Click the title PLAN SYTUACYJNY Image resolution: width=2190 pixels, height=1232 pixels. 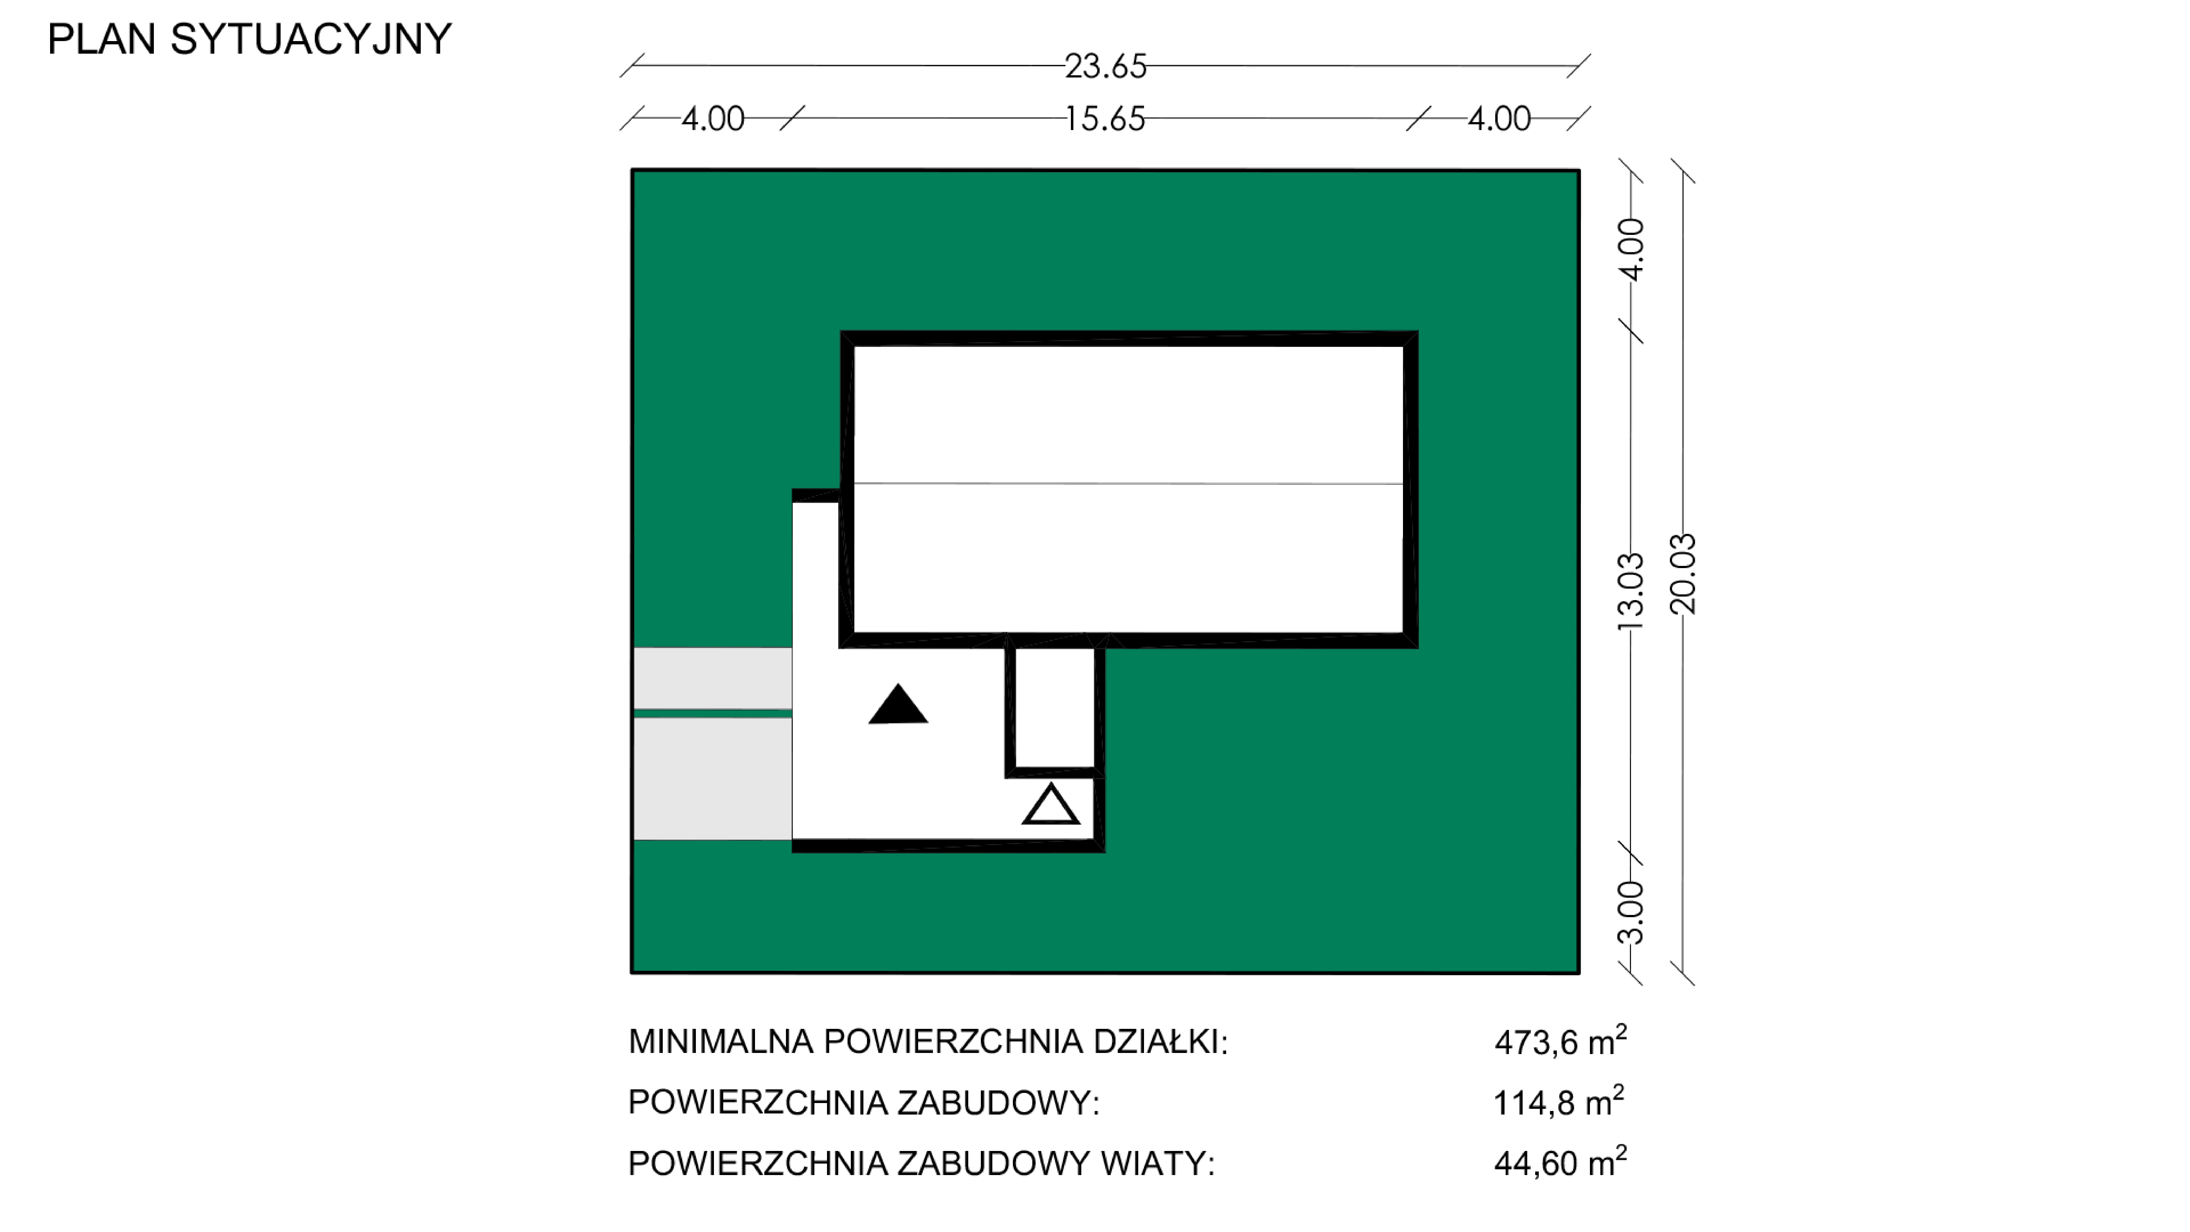point(249,39)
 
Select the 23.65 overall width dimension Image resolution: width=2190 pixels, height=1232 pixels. point(1105,66)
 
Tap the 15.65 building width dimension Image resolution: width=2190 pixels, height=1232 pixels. point(1105,119)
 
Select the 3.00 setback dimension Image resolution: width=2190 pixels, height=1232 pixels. point(1630,912)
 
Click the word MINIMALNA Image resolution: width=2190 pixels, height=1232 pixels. point(721,1041)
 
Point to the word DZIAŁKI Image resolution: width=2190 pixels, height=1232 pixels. point(1160,1041)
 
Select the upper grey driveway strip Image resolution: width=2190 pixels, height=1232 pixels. point(712,678)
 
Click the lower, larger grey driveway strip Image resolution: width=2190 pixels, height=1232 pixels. point(712,779)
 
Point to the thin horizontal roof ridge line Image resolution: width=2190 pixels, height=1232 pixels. point(1128,483)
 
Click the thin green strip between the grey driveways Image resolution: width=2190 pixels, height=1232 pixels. point(712,713)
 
